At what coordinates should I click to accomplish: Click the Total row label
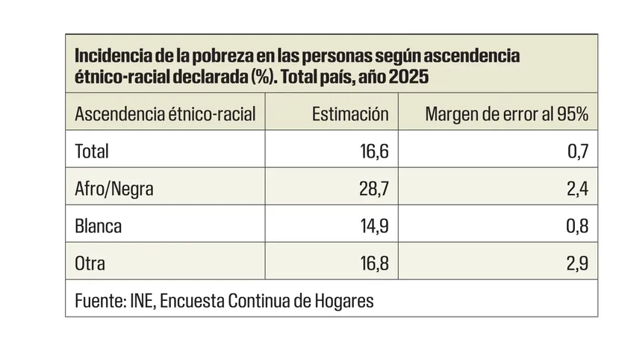(x=92, y=151)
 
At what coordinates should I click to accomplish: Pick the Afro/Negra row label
(x=114, y=188)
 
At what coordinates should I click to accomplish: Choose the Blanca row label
(x=98, y=226)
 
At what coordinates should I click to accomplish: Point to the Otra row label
(x=90, y=263)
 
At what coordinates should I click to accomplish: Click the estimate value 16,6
(x=372, y=151)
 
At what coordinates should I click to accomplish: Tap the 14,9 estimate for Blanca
(x=372, y=226)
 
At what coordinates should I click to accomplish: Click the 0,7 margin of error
(x=578, y=151)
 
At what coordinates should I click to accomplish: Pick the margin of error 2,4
(x=577, y=188)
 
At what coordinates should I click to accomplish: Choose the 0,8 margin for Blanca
(x=577, y=226)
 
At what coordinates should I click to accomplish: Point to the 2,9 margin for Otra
(x=577, y=263)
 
